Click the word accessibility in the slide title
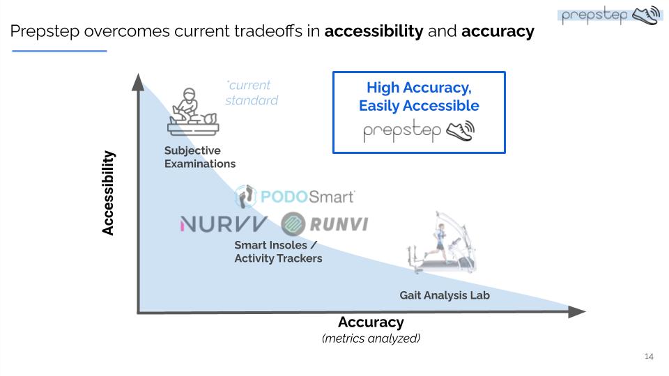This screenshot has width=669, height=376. tap(374, 31)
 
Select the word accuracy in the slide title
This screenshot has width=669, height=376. tap(498, 31)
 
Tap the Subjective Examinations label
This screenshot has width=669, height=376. tap(199, 157)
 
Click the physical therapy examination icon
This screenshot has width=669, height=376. tap(191, 111)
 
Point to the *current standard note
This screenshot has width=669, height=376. tap(251, 93)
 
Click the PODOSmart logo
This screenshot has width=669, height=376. tap(295, 196)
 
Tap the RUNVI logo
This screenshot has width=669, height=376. tap(325, 224)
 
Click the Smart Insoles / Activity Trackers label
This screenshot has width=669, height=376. tap(278, 252)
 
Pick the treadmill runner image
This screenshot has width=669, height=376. tap(443, 247)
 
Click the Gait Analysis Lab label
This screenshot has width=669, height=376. tap(445, 295)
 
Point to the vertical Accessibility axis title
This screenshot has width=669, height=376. tap(108, 194)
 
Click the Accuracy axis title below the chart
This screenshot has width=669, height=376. tap(371, 322)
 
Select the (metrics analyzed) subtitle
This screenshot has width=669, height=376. tap(371, 338)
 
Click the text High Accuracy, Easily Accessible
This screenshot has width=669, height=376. tap(419, 97)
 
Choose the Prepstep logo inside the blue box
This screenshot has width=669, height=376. tap(419, 131)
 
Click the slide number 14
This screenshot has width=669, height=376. tap(649, 357)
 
